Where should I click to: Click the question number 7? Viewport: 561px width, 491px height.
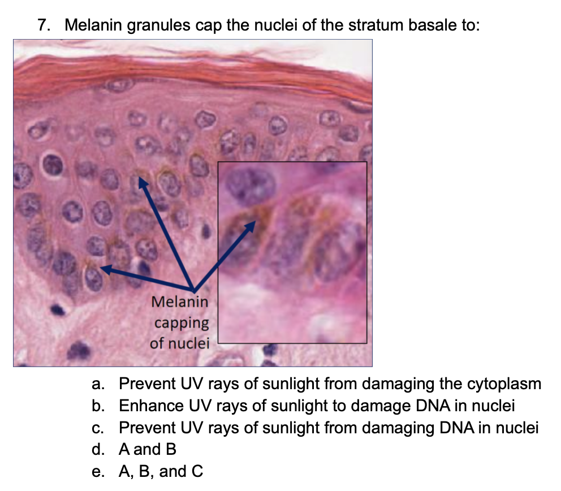pyautogui.click(x=44, y=25)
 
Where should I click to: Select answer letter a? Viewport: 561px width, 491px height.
pyautogui.click(x=98, y=384)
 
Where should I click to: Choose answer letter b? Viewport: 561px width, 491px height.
pyautogui.click(x=98, y=406)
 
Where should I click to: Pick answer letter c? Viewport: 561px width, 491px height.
pyautogui.click(x=98, y=428)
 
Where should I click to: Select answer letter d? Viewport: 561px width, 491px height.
pyautogui.click(x=98, y=450)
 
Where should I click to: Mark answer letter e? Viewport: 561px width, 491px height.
pyautogui.click(x=98, y=472)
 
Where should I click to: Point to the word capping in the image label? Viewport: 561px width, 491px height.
pyautogui.click(x=182, y=324)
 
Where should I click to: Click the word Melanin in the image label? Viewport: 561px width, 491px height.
pyautogui.click(x=180, y=302)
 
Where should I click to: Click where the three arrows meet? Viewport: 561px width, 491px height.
pyautogui.click(x=193, y=289)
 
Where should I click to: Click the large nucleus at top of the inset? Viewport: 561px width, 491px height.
pyautogui.click(x=250, y=186)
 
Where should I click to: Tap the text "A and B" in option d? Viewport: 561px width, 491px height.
pyautogui.click(x=148, y=450)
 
